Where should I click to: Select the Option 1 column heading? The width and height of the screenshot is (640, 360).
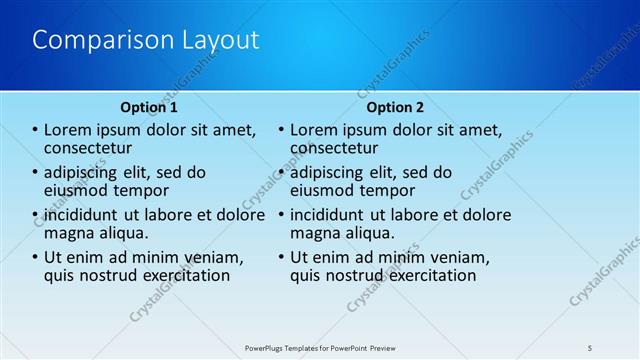pos(149,107)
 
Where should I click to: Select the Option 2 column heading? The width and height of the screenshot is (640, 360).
pos(395,107)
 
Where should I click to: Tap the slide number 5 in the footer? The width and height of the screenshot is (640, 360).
pos(590,346)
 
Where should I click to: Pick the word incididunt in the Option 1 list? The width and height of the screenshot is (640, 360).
pos(87,215)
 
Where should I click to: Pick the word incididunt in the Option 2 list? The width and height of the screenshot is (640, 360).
pos(333,215)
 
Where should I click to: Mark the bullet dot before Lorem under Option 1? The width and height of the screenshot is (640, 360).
pos(35,130)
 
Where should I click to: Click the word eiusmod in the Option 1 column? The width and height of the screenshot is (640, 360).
pos(78,189)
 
